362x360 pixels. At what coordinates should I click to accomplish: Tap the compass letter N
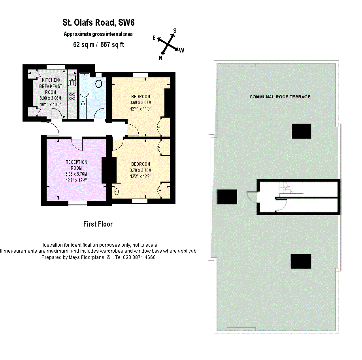(x=161, y=58)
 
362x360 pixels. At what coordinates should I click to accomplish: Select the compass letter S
(x=175, y=31)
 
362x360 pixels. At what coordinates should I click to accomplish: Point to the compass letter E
(x=155, y=37)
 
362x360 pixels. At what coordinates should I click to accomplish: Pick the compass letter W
(x=181, y=50)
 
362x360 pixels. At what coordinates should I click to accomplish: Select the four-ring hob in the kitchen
(x=72, y=96)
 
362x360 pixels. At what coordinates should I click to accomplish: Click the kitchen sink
(x=72, y=81)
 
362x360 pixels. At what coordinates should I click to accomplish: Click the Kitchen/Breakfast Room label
(x=50, y=86)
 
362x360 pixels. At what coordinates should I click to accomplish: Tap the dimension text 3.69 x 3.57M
(x=140, y=103)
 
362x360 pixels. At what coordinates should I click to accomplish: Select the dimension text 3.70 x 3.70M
(x=140, y=171)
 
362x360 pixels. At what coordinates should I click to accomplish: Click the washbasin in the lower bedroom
(x=117, y=192)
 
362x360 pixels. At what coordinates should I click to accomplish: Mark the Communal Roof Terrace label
(x=279, y=97)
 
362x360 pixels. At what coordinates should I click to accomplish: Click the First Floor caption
(x=98, y=224)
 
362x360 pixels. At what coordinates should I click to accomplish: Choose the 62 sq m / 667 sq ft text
(x=98, y=45)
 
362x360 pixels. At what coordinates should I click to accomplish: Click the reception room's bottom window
(x=77, y=203)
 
